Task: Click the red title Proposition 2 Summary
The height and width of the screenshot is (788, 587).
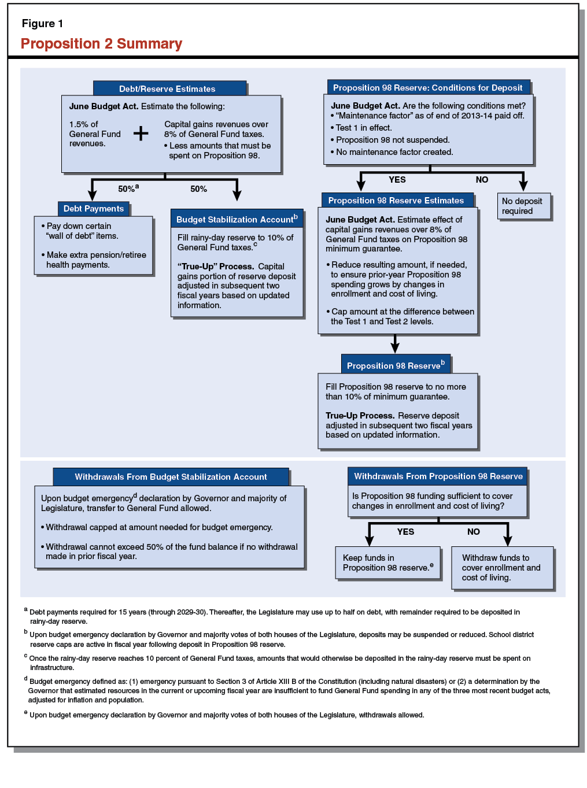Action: [101, 44]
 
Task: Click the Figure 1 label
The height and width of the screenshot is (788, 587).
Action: [42, 24]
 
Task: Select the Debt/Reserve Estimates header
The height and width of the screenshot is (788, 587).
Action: [167, 88]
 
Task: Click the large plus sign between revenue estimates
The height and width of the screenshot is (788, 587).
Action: [141, 134]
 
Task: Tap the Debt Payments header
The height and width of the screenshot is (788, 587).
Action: [93, 209]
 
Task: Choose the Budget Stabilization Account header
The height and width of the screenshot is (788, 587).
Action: [237, 219]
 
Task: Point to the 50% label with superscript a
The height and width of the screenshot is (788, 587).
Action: [128, 189]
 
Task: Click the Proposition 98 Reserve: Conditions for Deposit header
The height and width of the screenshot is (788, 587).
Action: [427, 88]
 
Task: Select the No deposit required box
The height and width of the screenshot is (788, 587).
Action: [523, 206]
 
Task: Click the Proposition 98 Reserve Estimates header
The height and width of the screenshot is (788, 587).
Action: [396, 201]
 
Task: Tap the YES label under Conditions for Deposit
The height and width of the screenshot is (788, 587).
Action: [397, 180]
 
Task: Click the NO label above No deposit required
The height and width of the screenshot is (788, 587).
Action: [482, 180]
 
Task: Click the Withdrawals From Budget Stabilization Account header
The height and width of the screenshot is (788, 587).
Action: [171, 477]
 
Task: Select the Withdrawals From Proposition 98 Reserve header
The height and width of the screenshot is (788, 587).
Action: [438, 476]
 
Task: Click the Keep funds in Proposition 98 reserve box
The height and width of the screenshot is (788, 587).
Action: [387, 563]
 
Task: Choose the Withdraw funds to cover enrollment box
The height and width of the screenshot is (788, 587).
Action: [501, 568]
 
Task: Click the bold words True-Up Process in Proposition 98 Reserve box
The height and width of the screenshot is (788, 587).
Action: [360, 416]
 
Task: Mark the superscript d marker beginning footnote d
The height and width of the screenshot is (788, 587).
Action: [26, 679]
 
